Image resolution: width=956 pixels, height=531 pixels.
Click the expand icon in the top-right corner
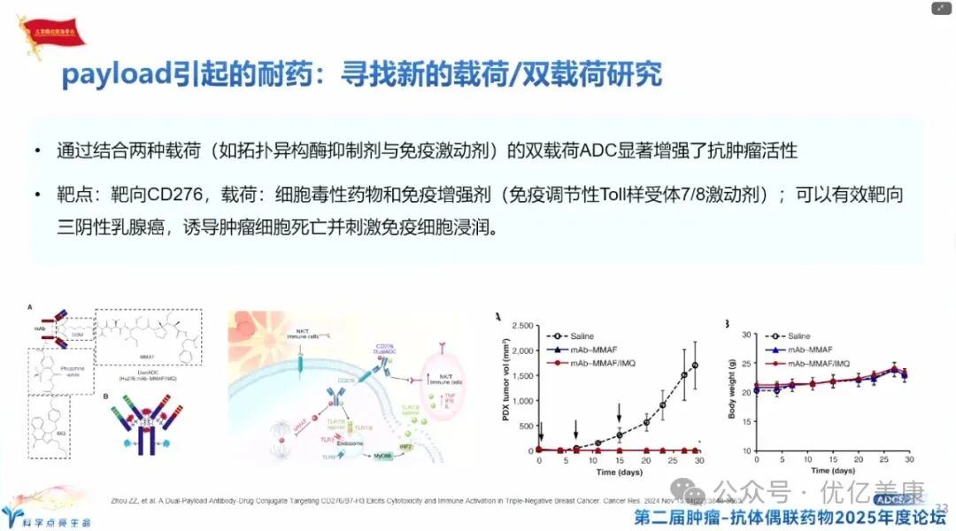pos(941,8)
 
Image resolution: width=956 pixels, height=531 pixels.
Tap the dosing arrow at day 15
pos(620,413)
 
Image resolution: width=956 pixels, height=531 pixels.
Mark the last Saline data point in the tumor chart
pos(696,365)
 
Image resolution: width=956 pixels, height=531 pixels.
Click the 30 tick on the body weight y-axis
pos(745,335)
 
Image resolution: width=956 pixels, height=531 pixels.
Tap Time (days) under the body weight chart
pos(832,472)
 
